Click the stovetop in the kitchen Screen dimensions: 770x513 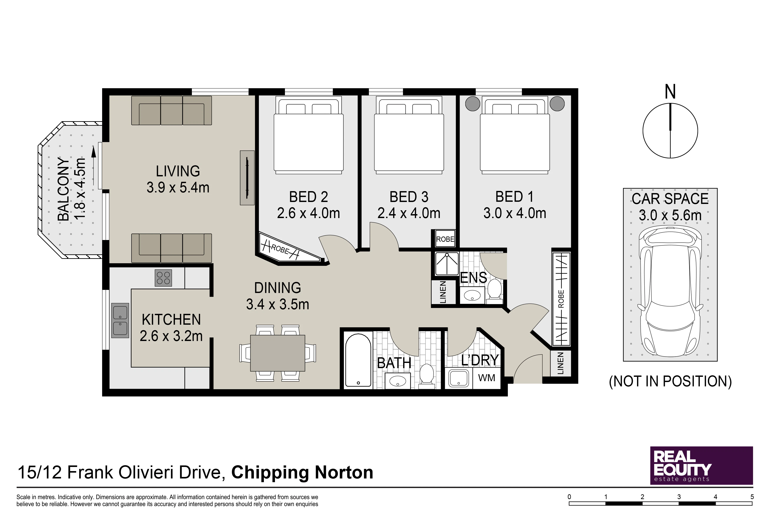(163, 278)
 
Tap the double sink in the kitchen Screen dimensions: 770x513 (120, 320)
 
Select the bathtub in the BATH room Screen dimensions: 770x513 (358, 360)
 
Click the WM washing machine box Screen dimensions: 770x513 (486, 378)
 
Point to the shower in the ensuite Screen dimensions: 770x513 (447, 264)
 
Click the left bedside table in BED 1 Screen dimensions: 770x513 (472, 104)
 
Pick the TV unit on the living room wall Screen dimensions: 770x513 (247, 178)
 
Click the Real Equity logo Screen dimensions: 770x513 (702, 466)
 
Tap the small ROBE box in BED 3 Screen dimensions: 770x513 (445, 239)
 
